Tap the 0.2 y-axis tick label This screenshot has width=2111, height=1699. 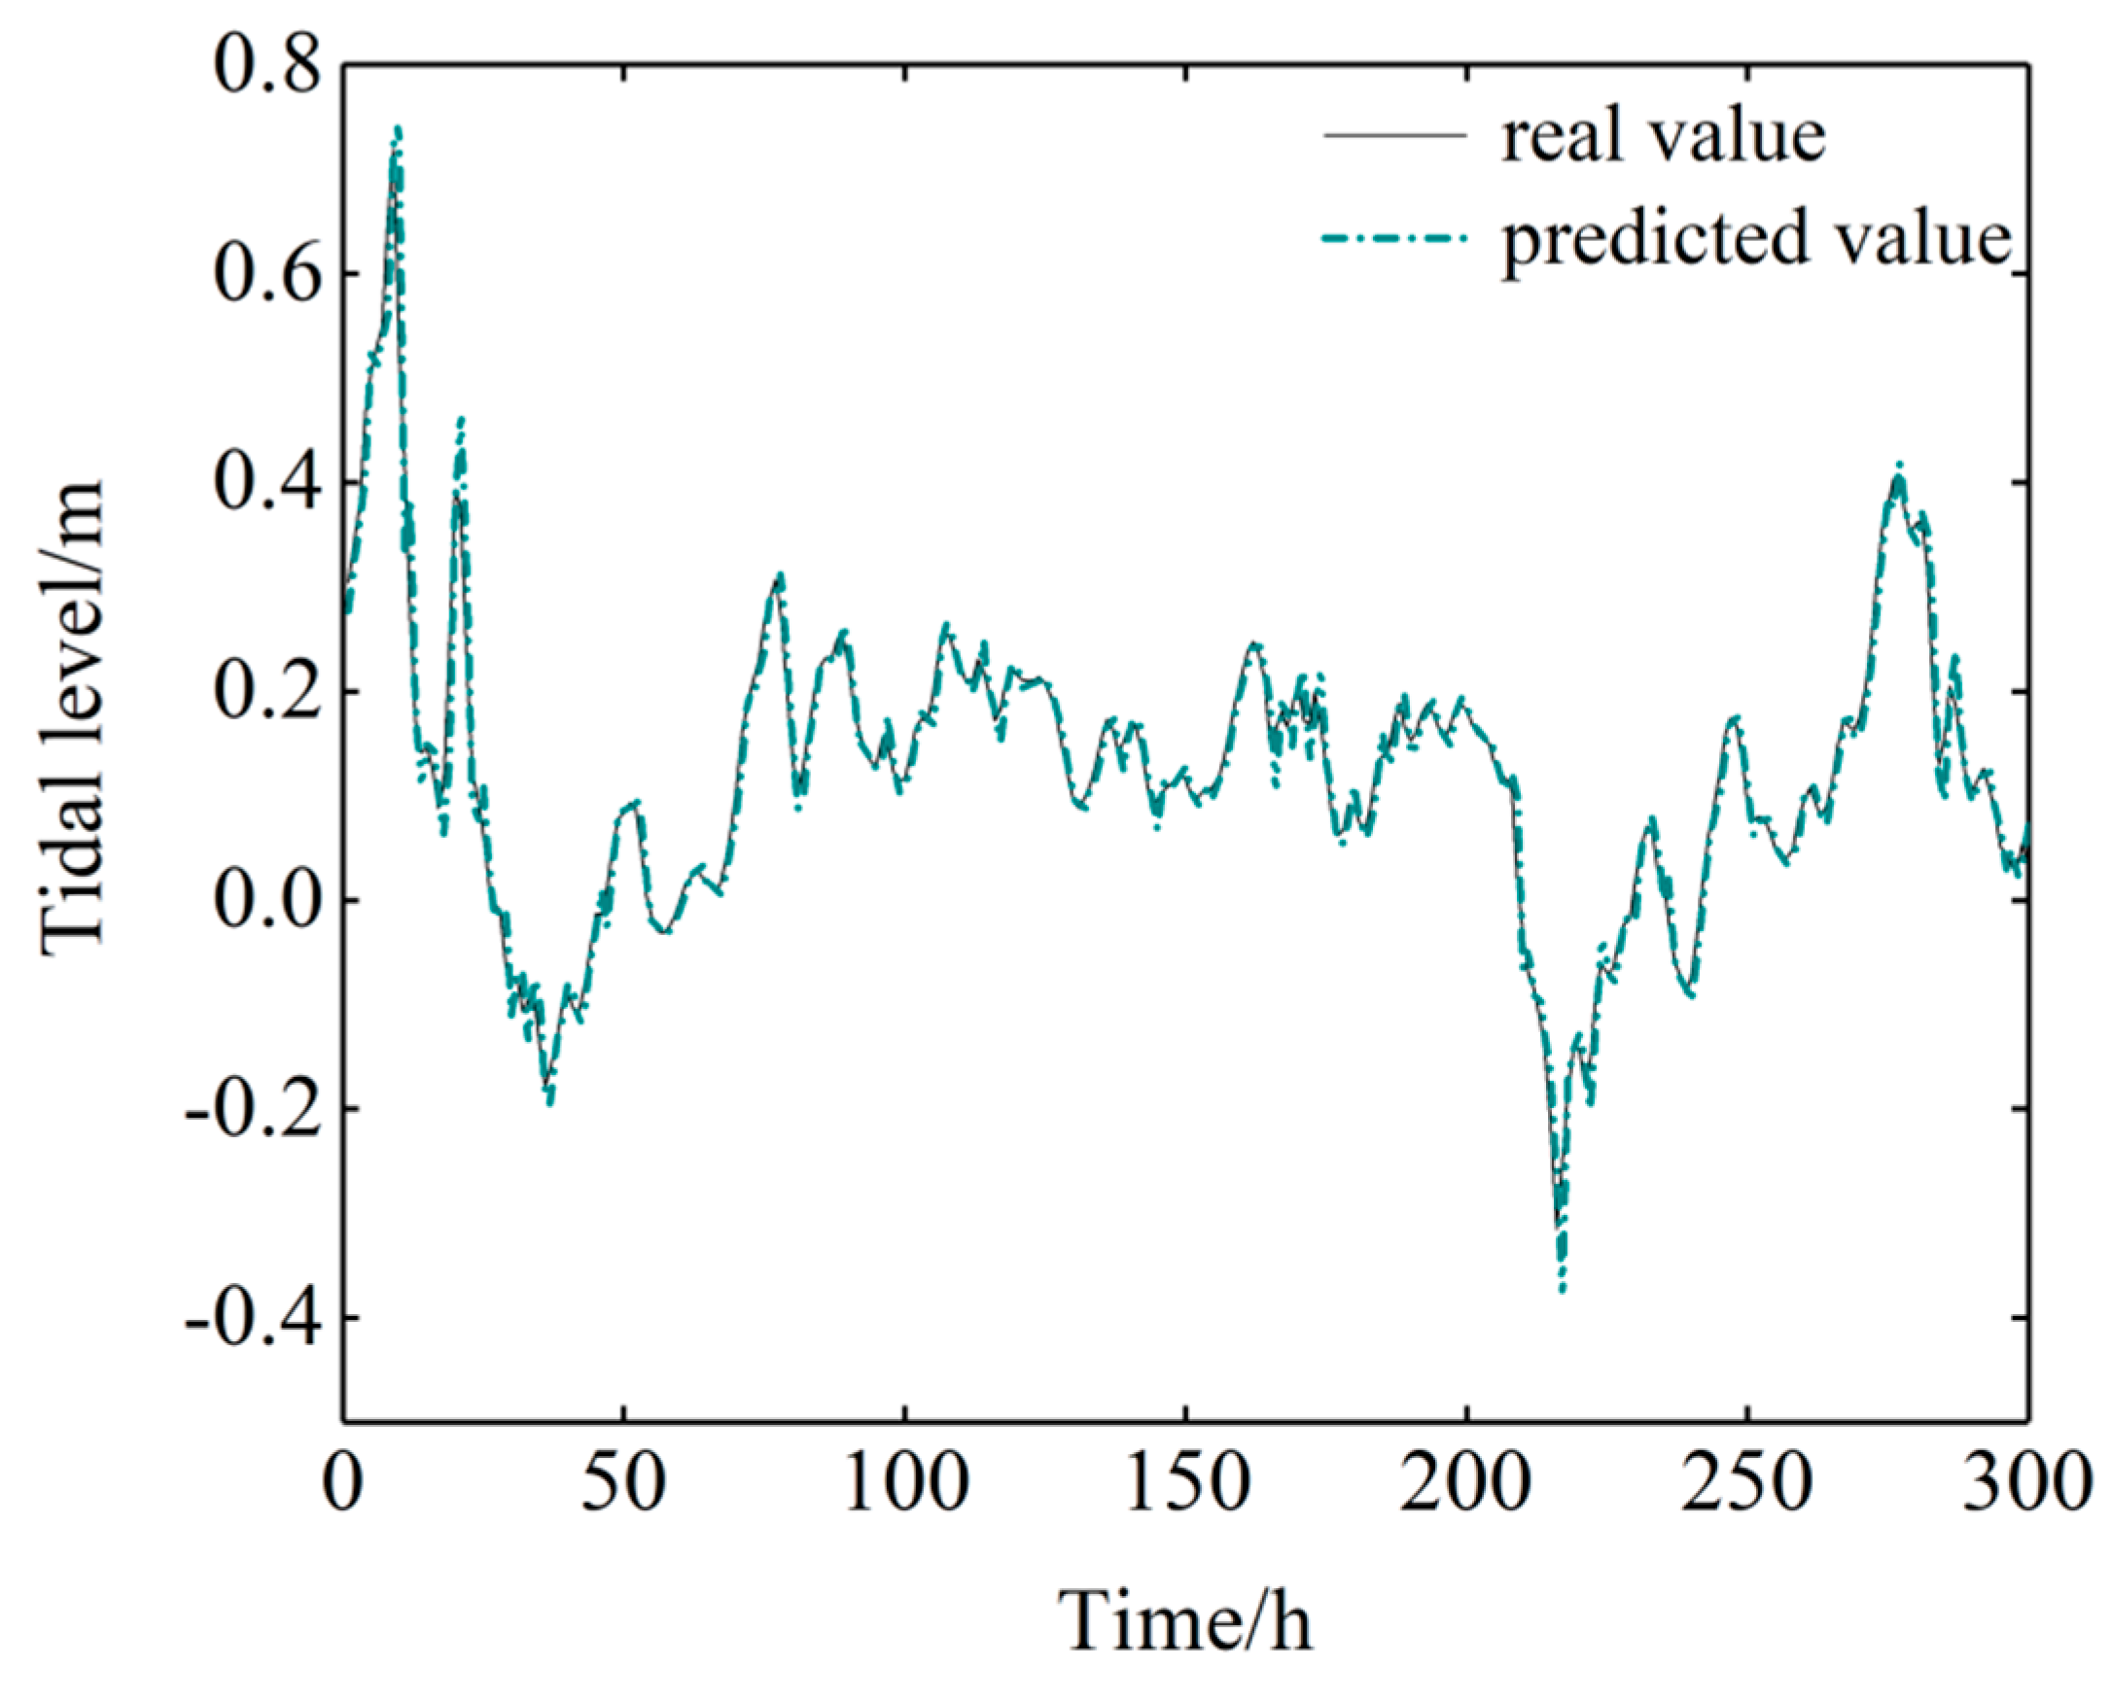pyautogui.click(x=266, y=692)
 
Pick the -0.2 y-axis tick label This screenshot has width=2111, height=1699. pyautogui.click(x=255, y=1109)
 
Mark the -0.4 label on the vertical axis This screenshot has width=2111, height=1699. pyautogui.click(x=255, y=1318)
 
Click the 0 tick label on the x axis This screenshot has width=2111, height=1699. pyautogui.click(x=343, y=1482)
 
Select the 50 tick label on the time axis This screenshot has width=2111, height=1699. pyautogui.click(x=623, y=1482)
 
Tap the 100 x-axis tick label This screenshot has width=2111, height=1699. pyautogui.click(x=904, y=1482)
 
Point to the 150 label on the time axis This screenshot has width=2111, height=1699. pyautogui.click(x=1185, y=1482)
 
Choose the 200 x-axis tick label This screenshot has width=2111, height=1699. pyautogui.click(x=1465, y=1482)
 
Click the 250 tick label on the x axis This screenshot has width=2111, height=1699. pyautogui.click(x=1746, y=1482)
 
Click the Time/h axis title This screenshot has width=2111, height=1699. pyautogui.click(x=1184, y=1621)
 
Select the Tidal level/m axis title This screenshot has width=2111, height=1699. pyautogui.click(x=74, y=714)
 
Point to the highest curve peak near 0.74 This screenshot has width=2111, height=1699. pyautogui.click(x=398, y=128)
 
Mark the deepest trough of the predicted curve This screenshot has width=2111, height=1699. pyautogui.click(x=1563, y=1291)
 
